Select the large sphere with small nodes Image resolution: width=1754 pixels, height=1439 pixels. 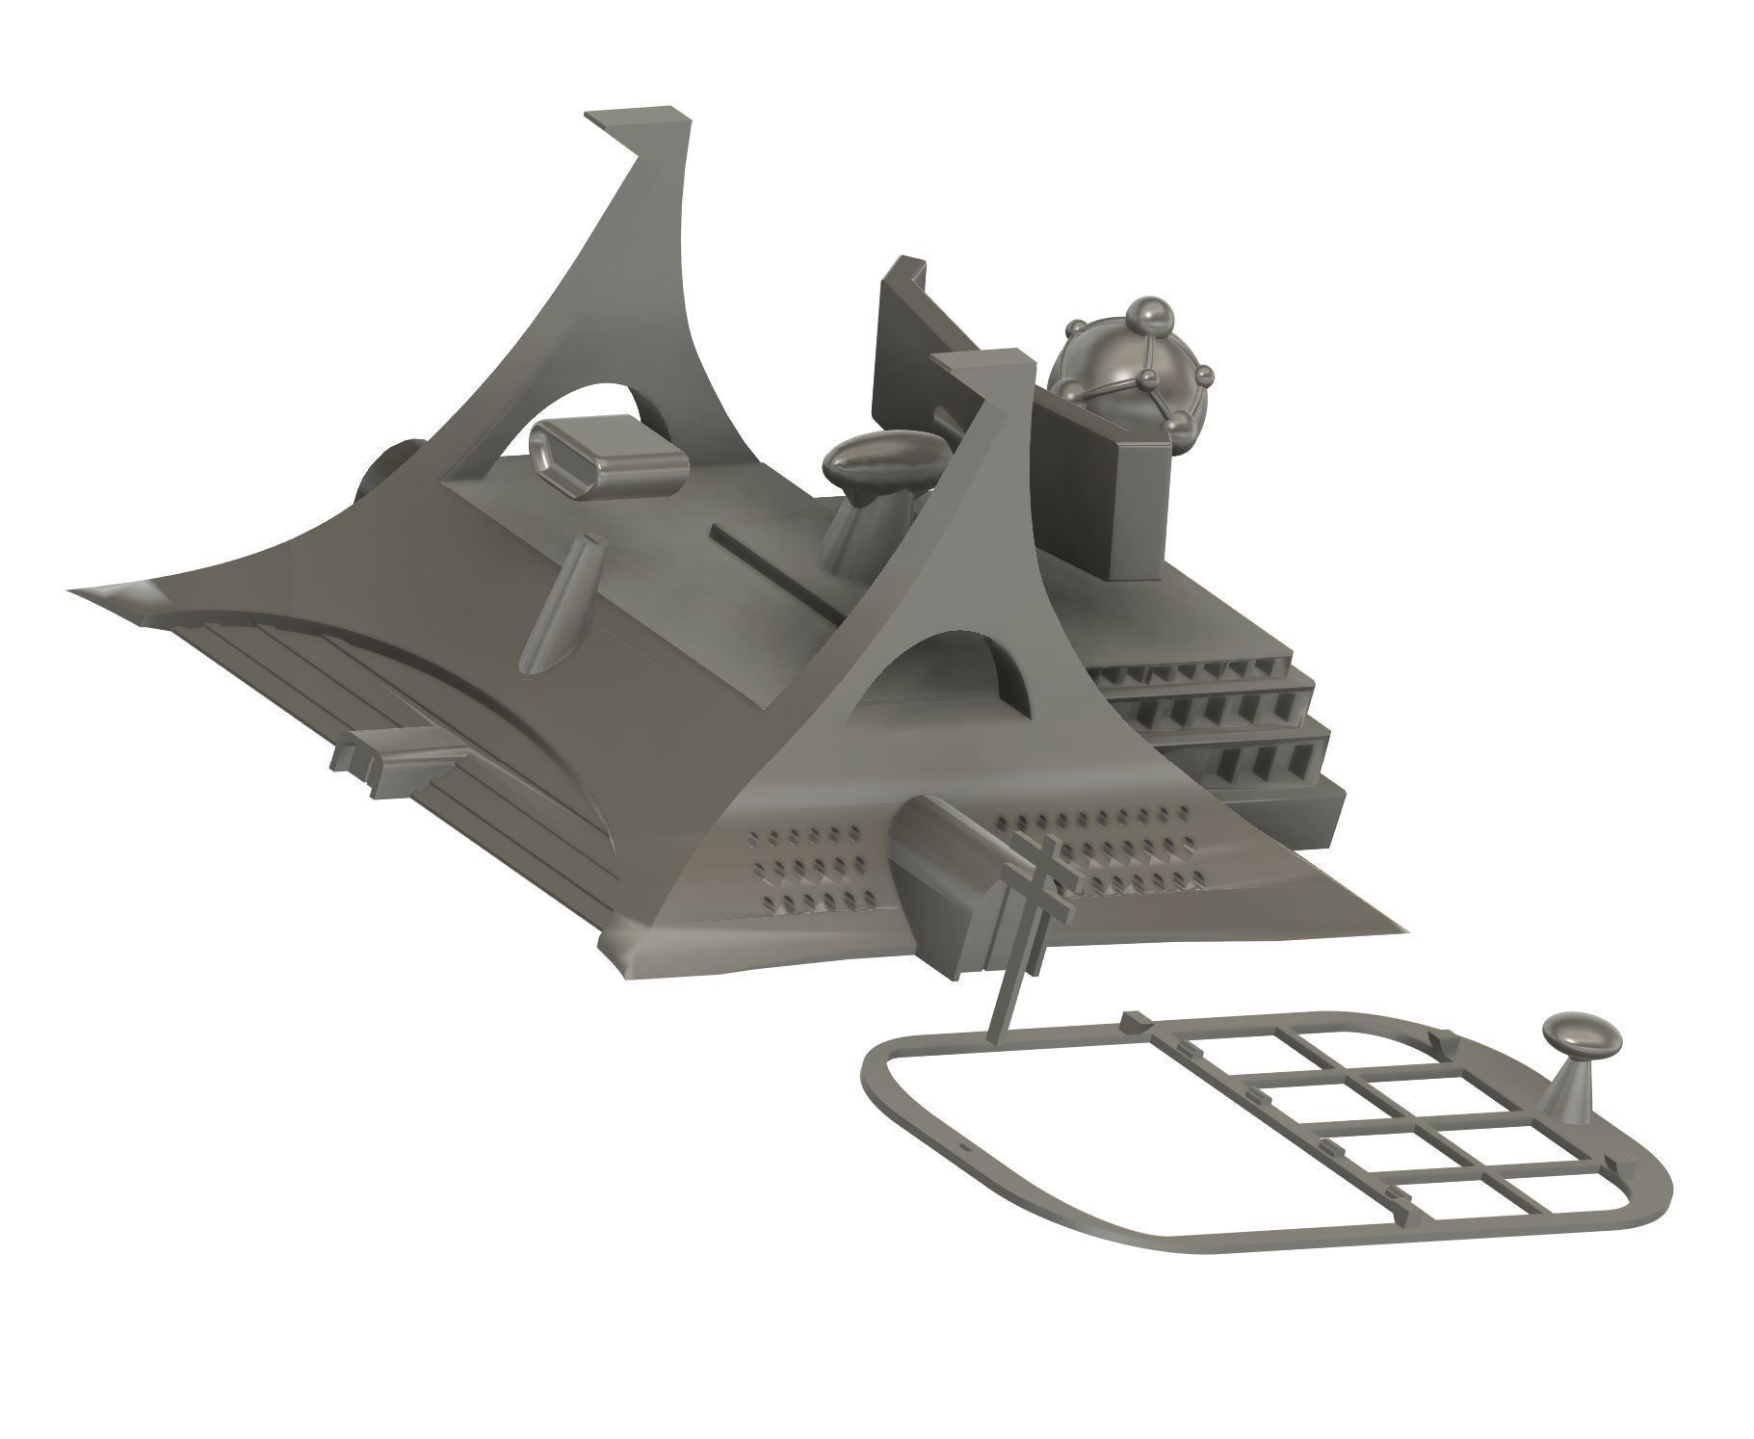pyautogui.click(x=1117, y=371)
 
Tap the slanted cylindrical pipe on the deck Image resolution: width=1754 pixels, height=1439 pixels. pyautogui.click(x=560, y=604)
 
